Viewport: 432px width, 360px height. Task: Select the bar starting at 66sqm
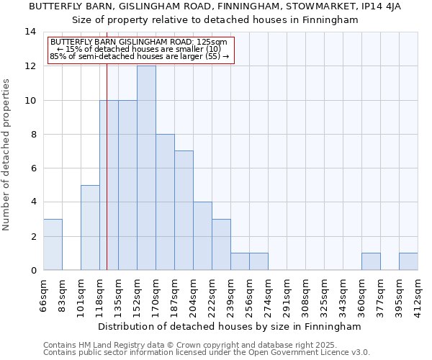[x=53, y=245]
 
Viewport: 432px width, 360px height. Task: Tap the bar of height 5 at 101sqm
[x=90, y=228]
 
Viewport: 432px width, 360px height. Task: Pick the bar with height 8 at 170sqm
[x=165, y=202]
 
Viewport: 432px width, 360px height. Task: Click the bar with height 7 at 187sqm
[x=184, y=210]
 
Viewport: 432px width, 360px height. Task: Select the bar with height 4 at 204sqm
[x=202, y=236]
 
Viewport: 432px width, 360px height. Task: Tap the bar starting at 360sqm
[x=371, y=261]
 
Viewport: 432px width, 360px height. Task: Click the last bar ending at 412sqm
[x=408, y=261]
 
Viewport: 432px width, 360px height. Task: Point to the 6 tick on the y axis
[x=33, y=168]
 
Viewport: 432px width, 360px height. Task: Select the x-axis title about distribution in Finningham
[x=230, y=326]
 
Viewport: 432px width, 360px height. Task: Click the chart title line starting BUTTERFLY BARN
[x=215, y=6]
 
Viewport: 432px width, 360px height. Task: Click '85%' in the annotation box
[x=56, y=55]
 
